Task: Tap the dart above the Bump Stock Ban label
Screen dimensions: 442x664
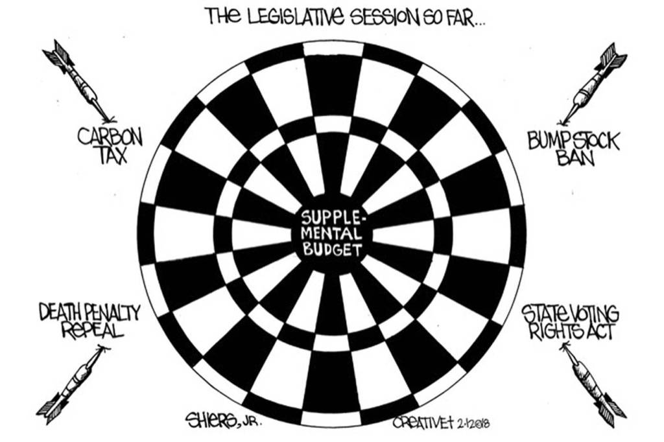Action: (593, 84)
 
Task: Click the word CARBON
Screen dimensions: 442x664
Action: (110, 137)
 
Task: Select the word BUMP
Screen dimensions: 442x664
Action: (547, 140)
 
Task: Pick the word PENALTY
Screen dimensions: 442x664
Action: (110, 312)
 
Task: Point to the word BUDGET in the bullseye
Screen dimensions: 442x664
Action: (331, 248)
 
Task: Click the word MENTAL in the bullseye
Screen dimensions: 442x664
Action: (331, 233)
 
